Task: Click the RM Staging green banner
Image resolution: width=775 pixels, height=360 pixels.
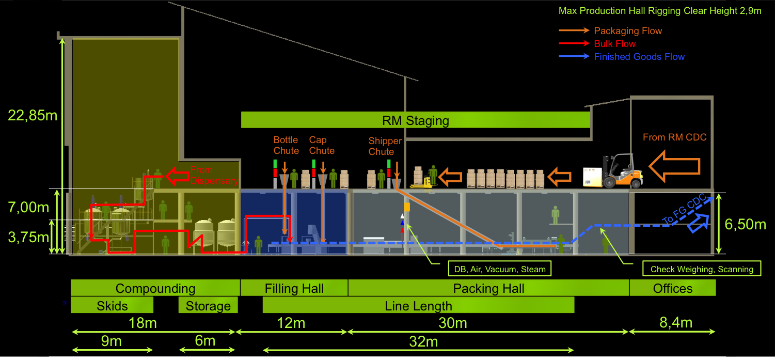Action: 416,120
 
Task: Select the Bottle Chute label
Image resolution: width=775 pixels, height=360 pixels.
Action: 286,145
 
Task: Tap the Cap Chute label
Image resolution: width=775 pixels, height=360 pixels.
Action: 322,145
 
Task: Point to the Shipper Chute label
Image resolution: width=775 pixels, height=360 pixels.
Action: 385,146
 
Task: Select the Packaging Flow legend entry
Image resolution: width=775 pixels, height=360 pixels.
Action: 628,31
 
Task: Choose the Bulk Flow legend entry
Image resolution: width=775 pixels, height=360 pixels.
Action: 614,44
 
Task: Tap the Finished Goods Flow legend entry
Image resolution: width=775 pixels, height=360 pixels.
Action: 639,57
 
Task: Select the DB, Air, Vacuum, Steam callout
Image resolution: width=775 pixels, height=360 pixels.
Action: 496,269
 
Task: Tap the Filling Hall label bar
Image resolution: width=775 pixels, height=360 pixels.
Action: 294,288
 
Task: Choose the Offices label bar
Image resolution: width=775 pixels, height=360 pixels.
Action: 672,288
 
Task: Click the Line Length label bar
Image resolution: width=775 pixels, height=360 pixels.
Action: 418,305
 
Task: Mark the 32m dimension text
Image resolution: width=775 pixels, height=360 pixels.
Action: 423,341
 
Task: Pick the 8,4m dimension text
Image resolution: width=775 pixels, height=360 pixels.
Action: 675,323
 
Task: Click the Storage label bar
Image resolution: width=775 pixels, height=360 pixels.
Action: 208,305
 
